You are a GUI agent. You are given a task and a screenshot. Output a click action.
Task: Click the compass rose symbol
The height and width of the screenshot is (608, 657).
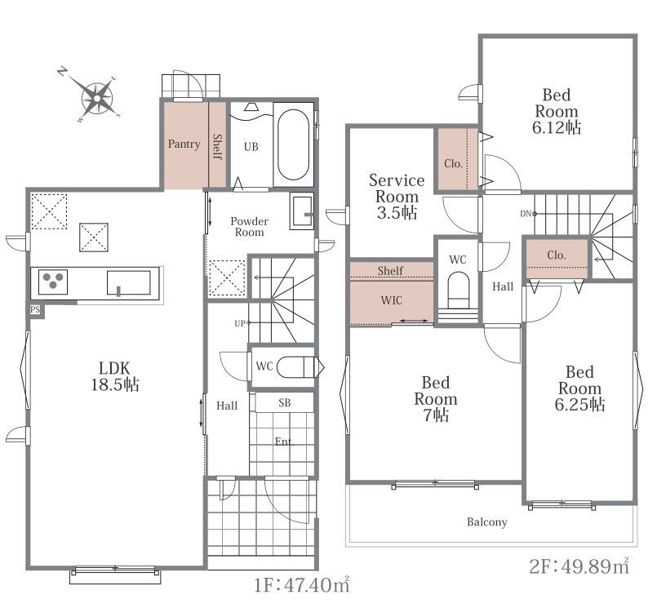click(97, 99)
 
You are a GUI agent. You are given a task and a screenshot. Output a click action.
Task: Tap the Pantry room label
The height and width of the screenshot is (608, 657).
click(184, 144)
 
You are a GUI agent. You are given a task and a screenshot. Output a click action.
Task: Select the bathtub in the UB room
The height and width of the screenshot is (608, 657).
click(293, 144)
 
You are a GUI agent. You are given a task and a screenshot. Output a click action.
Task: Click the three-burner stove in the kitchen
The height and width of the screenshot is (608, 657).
click(53, 282)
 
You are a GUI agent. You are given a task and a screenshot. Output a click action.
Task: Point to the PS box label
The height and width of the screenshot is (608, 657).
click(35, 309)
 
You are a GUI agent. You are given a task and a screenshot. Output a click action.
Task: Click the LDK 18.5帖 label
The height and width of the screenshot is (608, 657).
click(115, 376)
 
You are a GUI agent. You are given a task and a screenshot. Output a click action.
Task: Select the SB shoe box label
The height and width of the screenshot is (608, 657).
click(285, 402)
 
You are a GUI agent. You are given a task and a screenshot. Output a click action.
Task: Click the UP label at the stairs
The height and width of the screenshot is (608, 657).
click(239, 323)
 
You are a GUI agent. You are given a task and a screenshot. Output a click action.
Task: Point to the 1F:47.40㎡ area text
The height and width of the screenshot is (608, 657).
click(302, 585)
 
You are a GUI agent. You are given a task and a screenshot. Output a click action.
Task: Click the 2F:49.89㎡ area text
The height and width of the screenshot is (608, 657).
click(579, 566)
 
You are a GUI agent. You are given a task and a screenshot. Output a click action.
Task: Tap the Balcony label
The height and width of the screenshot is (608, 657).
click(487, 522)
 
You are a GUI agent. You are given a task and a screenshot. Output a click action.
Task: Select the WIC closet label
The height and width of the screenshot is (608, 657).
click(392, 300)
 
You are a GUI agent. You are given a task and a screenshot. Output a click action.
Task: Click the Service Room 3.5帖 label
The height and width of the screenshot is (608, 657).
click(397, 196)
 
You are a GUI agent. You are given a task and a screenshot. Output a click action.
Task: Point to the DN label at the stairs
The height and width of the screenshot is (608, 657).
click(526, 214)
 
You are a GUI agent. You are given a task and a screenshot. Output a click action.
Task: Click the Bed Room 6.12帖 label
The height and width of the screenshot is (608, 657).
click(557, 111)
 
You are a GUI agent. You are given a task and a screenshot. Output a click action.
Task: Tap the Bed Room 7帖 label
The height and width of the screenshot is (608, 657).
click(436, 398)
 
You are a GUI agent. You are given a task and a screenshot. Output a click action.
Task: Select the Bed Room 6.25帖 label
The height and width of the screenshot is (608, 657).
click(580, 388)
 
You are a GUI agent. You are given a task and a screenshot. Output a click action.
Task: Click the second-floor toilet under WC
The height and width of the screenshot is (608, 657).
click(458, 293)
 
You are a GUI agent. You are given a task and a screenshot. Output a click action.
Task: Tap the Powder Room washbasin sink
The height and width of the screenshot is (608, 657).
click(302, 211)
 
